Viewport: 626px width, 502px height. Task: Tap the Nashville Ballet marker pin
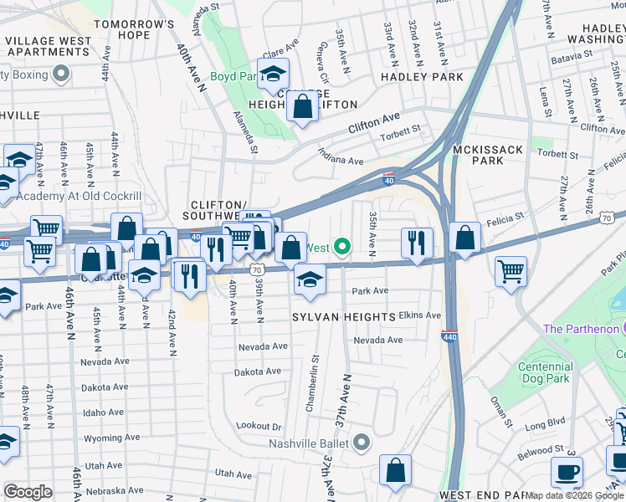(x=362, y=442)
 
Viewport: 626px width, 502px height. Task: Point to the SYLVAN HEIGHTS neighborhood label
(x=343, y=317)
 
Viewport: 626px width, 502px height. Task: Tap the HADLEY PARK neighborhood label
(x=422, y=76)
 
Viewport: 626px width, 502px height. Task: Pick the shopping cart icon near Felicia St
(x=511, y=271)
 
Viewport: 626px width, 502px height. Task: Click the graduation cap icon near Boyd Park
(x=273, y=74)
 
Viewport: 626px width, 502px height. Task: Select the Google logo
(x=28, y=492)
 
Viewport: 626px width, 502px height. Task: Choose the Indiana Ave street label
(x=341, y=156)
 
